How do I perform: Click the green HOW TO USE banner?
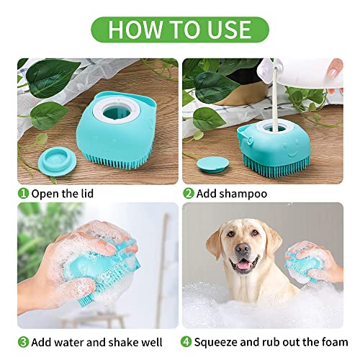180,29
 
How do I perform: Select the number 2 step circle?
188,194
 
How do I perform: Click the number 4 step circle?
188,341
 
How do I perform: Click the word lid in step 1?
84,194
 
